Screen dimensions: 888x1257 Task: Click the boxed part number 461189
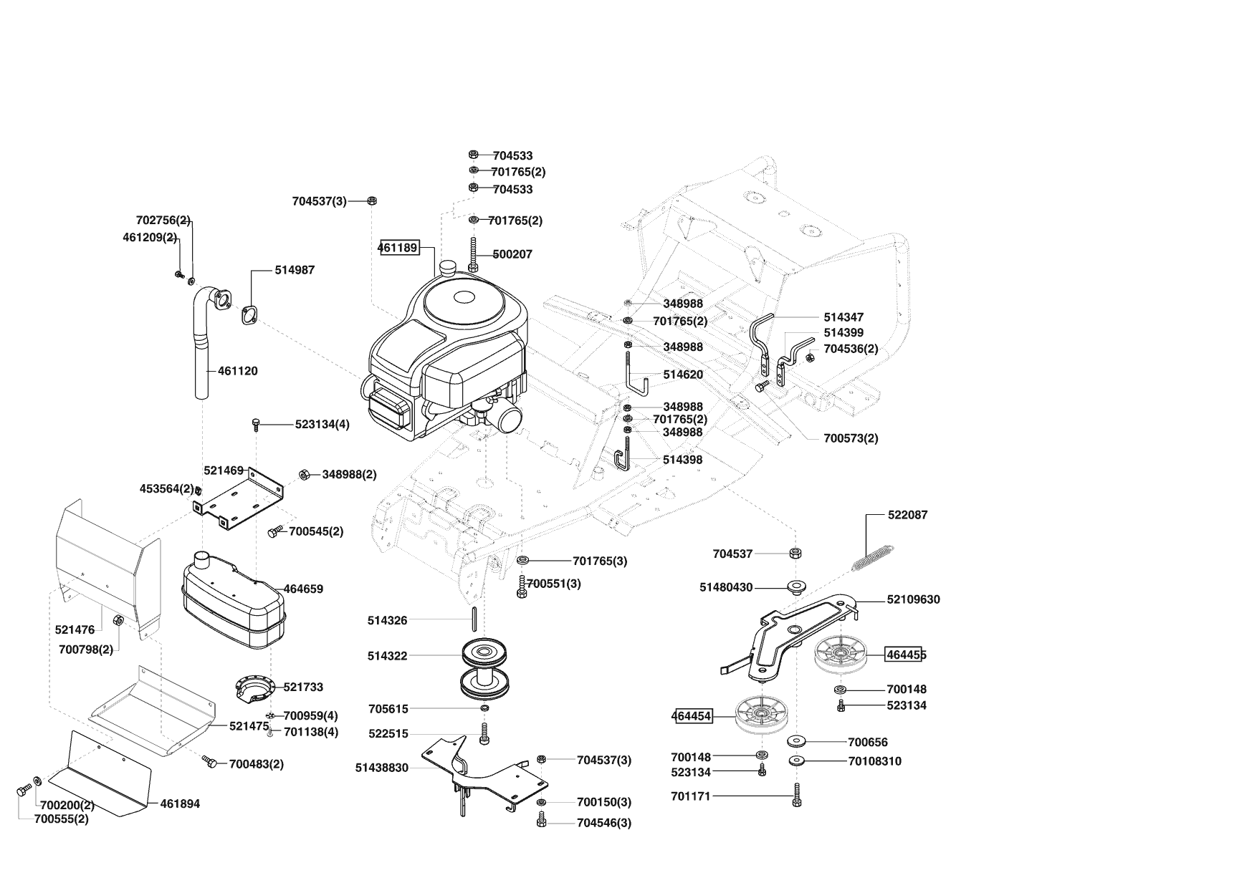pyautogui.click(x=398, y=248)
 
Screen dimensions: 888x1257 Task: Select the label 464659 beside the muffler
pyautogui.click(x=303, y=589)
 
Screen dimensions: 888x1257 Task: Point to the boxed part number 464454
pyautogui.click(x=692, y=716)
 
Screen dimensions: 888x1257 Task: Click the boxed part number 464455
pyautogui.click(x=906, y=655)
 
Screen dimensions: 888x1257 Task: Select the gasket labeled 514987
pyautogui.click(x=249, y=316)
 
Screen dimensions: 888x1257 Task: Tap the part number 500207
pyautogui.click(x=512, y=254)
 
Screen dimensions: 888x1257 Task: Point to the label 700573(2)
pyautogui.click(x=851, y=438)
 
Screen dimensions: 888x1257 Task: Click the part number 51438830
pyautogui.click(x=381, y=768)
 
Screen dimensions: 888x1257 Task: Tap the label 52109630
pyautogui.click(x=913, y=599)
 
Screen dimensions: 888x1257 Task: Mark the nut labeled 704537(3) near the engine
pyautogui.click(x=372, y=201)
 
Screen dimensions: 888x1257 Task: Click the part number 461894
pyautogui.click(x=180, y=803)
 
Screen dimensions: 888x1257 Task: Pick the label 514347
pyautogui.click(x=843, y=317)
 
